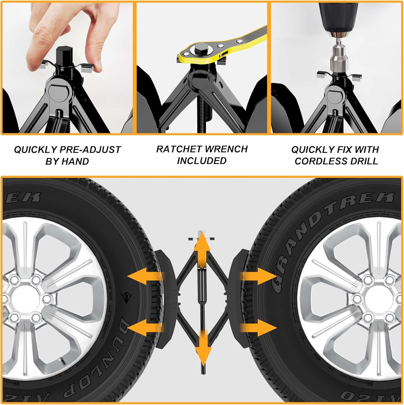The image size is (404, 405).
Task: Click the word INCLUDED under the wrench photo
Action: click(202, 161)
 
